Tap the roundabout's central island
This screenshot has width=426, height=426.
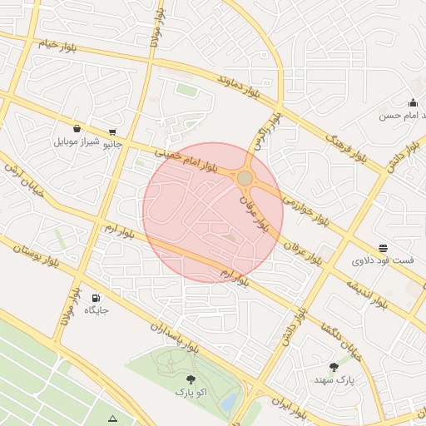point(245,178)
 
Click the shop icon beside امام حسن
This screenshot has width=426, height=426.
point(413,103)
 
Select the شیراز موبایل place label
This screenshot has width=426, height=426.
point(77,141)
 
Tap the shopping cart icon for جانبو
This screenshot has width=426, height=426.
point(112,132)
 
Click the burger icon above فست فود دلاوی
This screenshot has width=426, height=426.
point(383,248)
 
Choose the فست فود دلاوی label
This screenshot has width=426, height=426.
point(383,261)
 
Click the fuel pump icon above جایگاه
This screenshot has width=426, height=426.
point(97,298)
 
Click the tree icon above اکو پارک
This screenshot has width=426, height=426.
point(191,378)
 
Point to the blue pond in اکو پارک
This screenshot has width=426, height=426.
point(227,401)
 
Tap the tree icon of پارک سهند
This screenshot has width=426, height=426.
point(334,367)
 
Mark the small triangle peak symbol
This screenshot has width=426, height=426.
point(113,418)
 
